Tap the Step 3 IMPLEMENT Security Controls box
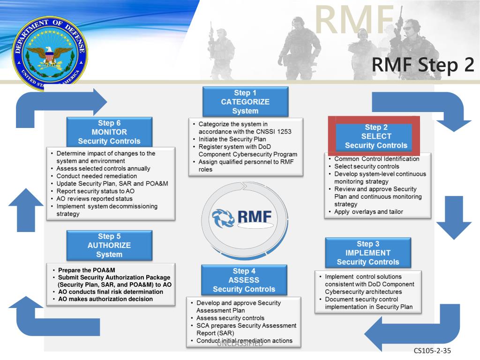coord(368,253)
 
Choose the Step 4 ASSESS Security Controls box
coord(244,280)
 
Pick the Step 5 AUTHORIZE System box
coord(109,245)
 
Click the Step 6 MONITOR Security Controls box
coord(109,132)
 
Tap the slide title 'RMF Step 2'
coord(422,66)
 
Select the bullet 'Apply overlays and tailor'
coord(368,211)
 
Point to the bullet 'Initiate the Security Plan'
coord(232,139)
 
